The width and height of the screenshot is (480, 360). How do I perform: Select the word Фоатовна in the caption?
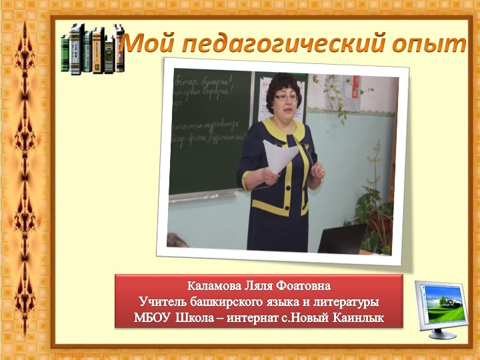301,287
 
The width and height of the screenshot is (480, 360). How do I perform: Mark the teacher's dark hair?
283,84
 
